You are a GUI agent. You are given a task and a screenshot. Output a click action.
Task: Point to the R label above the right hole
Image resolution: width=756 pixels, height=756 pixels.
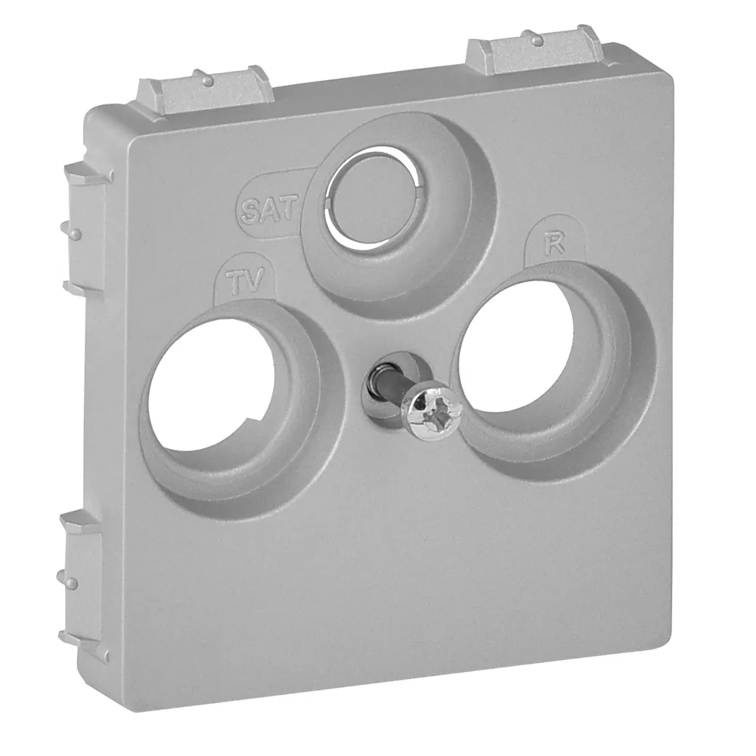[x=554, y=246]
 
